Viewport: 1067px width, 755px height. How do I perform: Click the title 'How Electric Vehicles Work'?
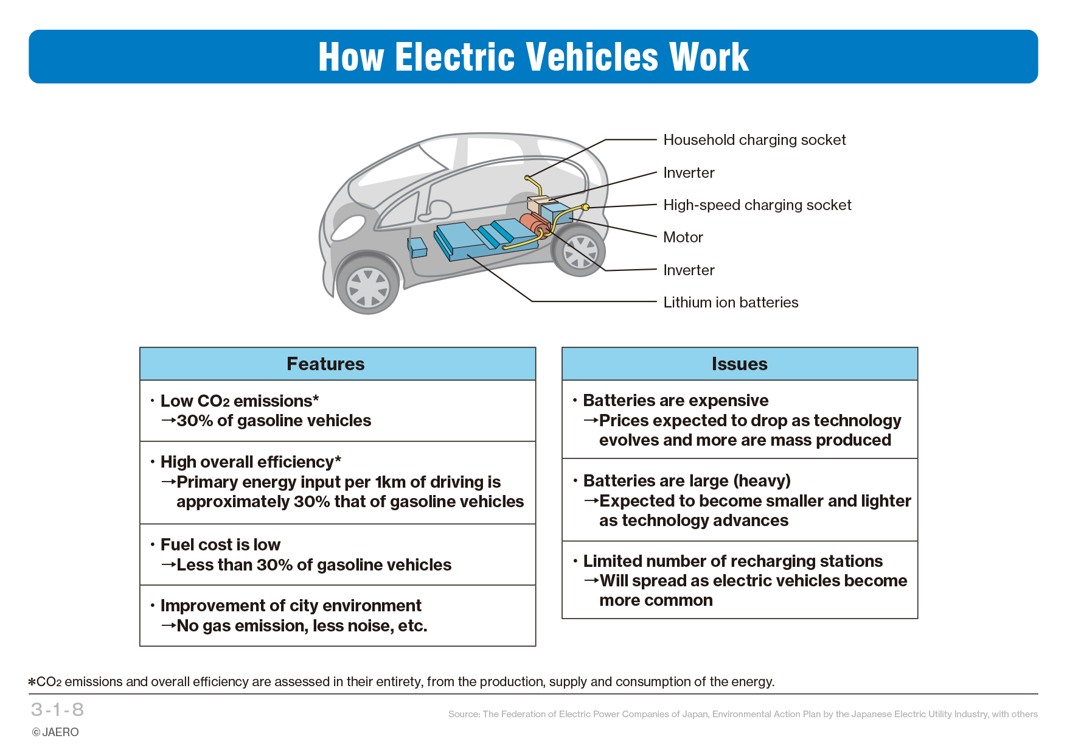coord(533,57)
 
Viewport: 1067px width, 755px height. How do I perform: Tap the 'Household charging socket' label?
coord(754,140)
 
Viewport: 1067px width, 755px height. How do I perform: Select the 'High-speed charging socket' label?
coord(757,205)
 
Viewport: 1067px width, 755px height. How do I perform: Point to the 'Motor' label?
coord(683,237)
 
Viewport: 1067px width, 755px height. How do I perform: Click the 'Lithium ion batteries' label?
coord(731,303)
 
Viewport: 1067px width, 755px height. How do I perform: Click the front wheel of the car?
coord(367,285)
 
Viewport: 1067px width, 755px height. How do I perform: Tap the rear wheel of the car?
coord(579,251)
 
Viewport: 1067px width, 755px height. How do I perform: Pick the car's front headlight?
coord(348,228)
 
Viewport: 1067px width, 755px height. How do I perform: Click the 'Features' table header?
coord(325,364)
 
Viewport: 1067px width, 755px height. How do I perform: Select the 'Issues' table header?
coord(739,364)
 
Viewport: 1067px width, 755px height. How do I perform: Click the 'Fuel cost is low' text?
coord(220,545)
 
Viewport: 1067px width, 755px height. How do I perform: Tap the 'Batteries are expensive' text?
coord(675,401)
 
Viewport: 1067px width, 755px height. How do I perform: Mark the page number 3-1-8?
coord(57,709)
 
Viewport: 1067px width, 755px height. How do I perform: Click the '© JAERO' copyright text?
coord(55,732)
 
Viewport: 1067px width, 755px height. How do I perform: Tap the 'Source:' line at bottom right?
coord(743,714)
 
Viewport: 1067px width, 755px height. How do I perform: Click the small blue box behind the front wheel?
coord(418,247)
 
